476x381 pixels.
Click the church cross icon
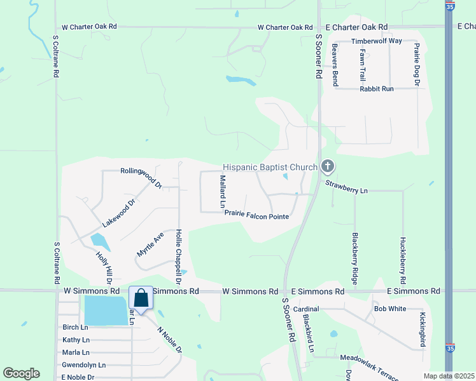pos(328,167)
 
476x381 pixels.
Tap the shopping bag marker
pos(141,297)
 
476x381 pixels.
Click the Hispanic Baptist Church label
pos(270,167)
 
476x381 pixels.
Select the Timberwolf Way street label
pos(377,41)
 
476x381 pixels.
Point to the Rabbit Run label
pos(377,89)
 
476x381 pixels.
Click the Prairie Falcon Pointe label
pos(256,216)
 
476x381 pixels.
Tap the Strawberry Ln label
pos(347,190)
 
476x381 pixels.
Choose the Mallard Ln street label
pos(223,192)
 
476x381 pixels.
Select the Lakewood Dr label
pos(119,214)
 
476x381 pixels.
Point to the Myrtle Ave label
pos(150,244)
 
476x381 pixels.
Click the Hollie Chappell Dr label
pos(179,257)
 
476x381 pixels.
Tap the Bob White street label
pos(390,309)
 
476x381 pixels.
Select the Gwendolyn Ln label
pos(84,365)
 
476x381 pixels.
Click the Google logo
pos(21,373)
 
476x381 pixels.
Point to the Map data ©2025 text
pos(449,376)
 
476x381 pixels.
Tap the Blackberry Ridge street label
pos(356,258)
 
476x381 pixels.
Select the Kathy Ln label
pos(76,340)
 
